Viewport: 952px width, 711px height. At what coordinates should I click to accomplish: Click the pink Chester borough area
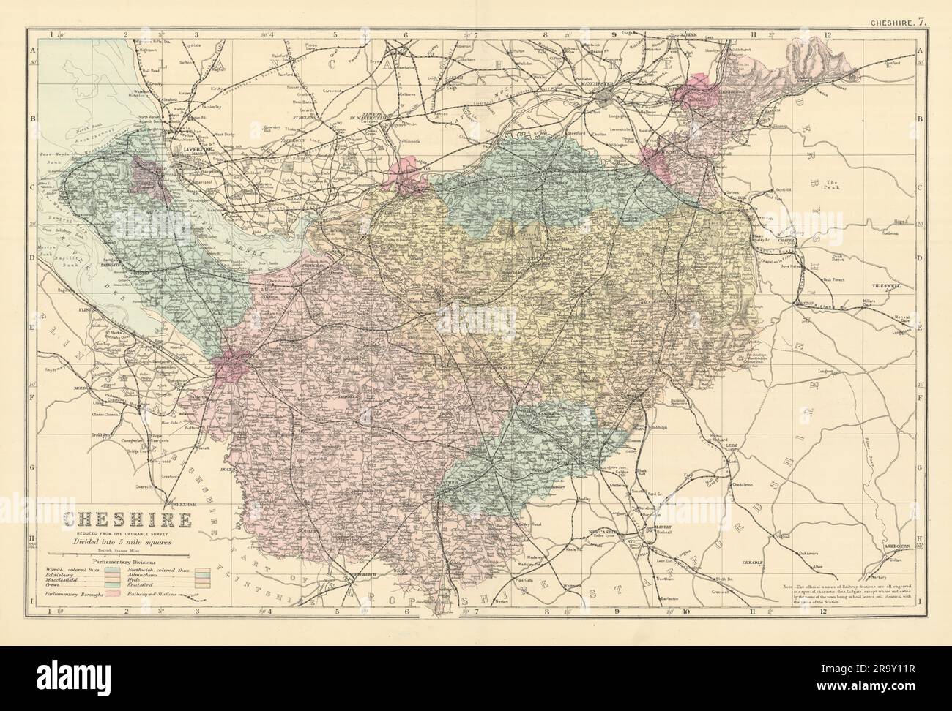point(232,364)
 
